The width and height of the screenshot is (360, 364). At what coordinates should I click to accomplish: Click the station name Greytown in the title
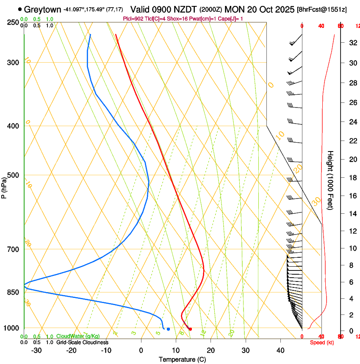tap(43, 9)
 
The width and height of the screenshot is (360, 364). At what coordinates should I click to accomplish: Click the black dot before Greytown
tap(20, 9)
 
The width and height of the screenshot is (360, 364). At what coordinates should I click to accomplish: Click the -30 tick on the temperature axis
tap(37, 350)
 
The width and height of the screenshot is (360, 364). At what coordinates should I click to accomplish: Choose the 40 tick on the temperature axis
tap(280, 350)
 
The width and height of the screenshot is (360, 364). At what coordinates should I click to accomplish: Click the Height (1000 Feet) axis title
tap(330, 180)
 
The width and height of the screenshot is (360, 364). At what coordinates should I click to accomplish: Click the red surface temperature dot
tap(190, 329)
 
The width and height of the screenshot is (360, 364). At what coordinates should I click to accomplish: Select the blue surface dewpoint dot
tap(168, 329)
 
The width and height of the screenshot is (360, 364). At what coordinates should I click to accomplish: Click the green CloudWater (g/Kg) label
tap(76, 336)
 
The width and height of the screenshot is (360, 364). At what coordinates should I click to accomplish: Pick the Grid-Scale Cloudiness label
tap(82, 342)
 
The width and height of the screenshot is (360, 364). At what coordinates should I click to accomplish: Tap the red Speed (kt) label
tap(322, 342)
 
